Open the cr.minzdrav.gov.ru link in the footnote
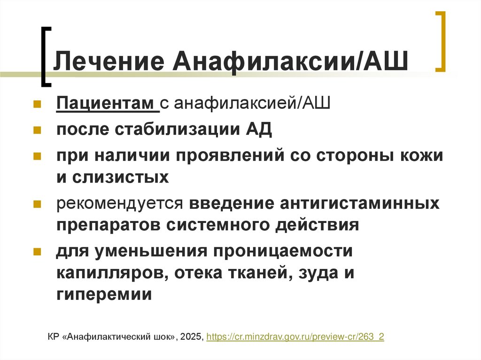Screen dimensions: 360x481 click(x=295, y=337)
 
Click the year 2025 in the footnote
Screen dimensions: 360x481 click(x=191, y=337)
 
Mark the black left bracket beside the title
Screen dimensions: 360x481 click(x=45, y=56)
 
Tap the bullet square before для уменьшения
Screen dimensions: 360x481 click(x=37, y=251)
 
